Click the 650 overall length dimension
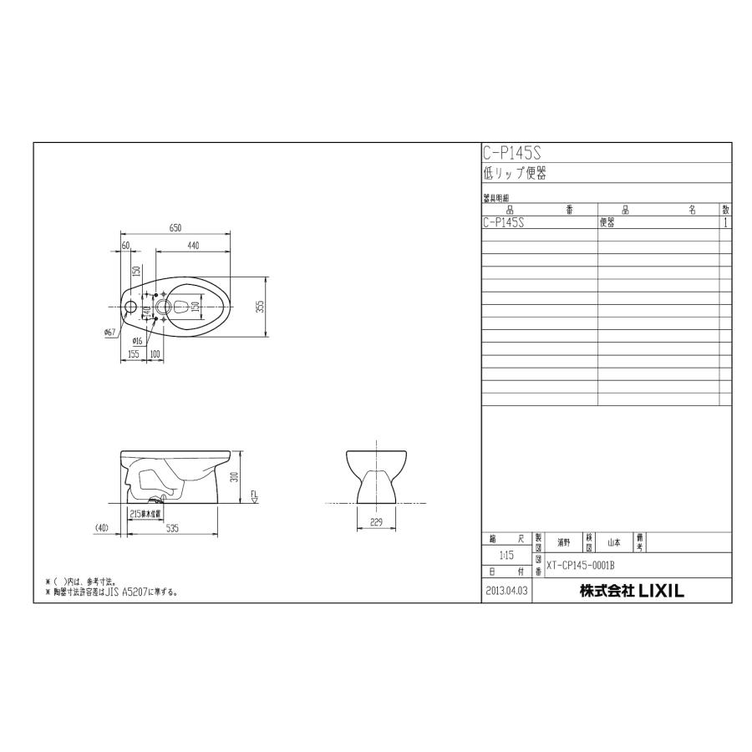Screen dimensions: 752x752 tap(176, 227)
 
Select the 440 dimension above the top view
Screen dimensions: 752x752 tap(192, 245)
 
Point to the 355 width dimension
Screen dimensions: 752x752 tap(261, 307)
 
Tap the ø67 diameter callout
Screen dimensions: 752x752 tap(109, 333)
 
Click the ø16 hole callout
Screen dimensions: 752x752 tap(137, 341)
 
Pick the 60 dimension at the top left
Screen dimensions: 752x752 tap(126, 245)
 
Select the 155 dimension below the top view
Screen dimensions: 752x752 tap(134, 353)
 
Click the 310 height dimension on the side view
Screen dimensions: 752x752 tap(236, 477)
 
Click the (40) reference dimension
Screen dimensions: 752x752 tap(101, 528)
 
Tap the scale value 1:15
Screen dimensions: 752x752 tap(506, 555)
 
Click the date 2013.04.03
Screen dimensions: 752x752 tap(506, 591)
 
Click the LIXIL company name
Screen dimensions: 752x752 tap(632, 590)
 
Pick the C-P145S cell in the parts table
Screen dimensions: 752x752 tap(504, 223)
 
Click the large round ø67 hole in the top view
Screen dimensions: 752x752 tap(130, 307)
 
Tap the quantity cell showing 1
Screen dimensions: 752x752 tap(725, 223)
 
